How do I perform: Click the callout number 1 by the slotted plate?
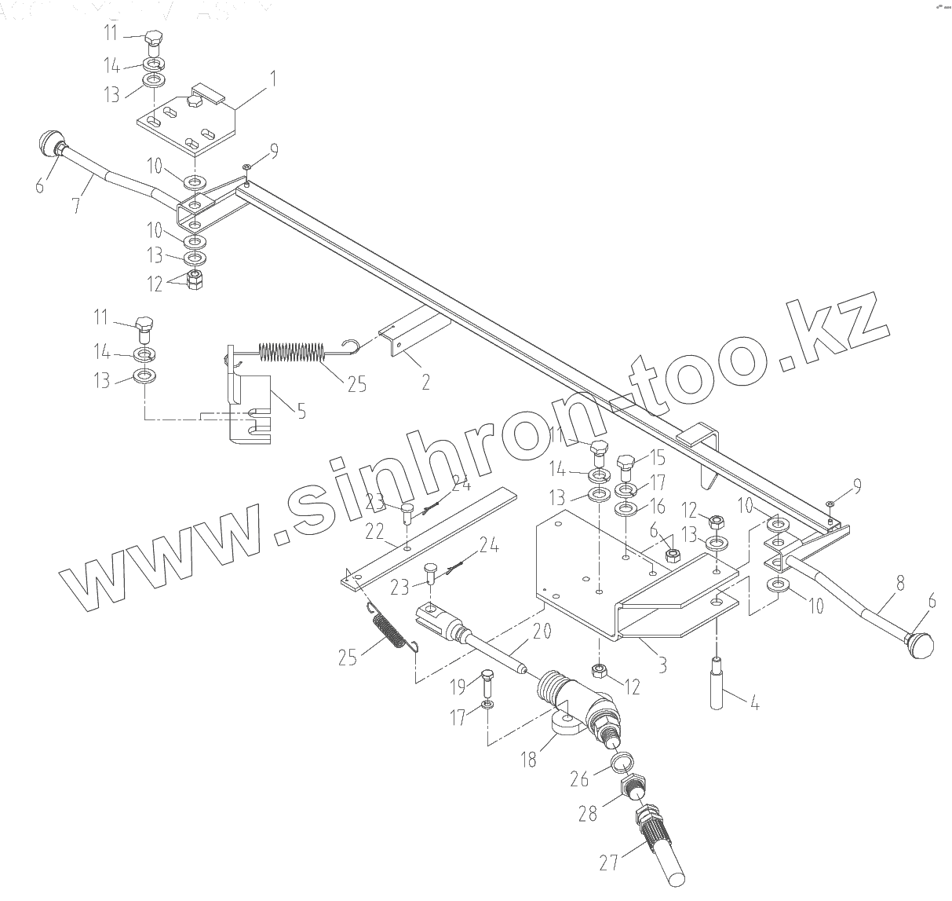(272, 79)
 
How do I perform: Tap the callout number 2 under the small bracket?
(425, 383)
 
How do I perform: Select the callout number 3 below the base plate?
(662, 664)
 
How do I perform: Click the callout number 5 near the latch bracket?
(300, 410)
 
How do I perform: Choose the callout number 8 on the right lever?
(900, 584)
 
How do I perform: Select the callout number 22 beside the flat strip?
(374, 533)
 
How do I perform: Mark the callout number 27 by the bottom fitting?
(608, 863)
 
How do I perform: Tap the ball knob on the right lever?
(920, 646)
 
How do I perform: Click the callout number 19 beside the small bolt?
(457, 688)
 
